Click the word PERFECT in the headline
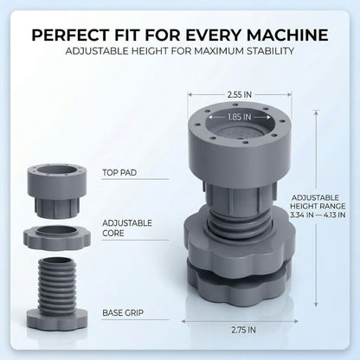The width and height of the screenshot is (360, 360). (70, 35)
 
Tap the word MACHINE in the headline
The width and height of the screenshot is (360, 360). (287, 35)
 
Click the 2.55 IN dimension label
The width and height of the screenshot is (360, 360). (240, 94)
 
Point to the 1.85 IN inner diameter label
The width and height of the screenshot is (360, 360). (240, 117)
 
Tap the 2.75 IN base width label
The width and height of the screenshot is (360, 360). (243, 330)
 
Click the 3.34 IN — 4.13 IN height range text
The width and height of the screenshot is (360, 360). (318, 215)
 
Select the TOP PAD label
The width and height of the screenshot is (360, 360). (119, 172)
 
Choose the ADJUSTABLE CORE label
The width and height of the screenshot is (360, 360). (127, 228)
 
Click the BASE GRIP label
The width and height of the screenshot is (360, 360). (123, 312)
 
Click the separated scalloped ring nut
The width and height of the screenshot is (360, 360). (57, 238)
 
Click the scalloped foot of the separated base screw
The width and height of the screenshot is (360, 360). (57, 319)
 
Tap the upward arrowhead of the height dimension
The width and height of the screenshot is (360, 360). (317, 113)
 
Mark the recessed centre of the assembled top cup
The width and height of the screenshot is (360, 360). (240, 132)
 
